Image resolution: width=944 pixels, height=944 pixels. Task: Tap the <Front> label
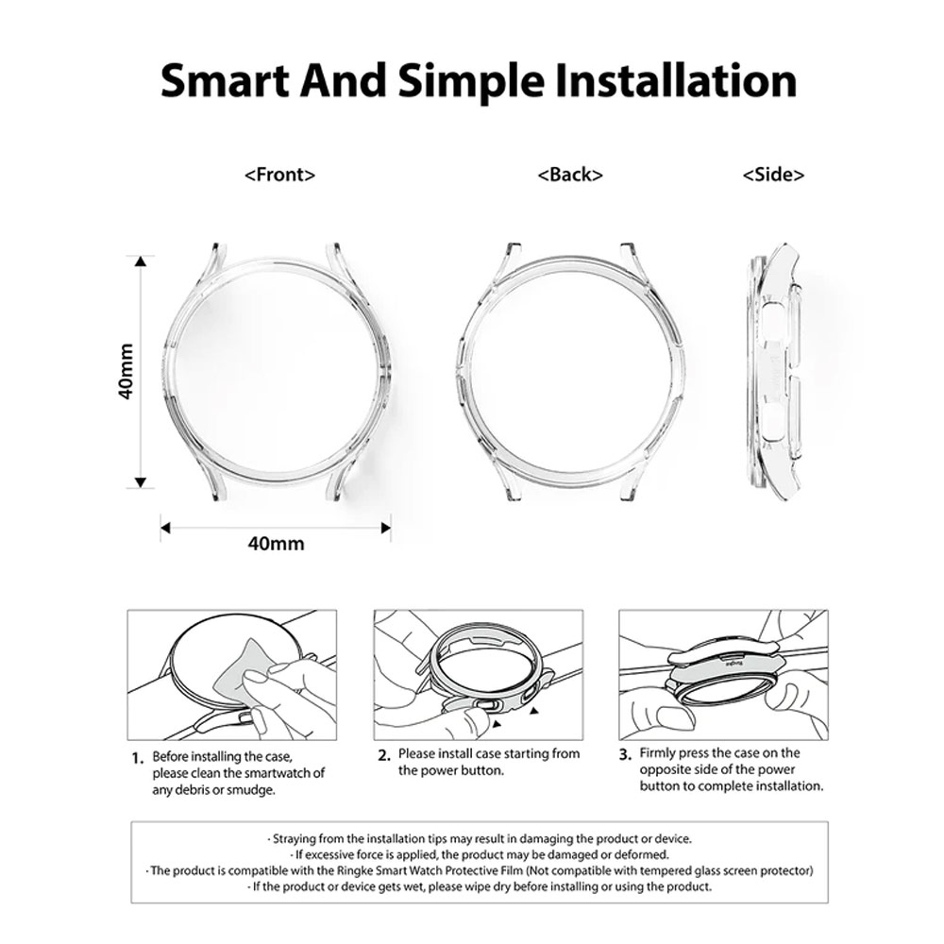coord(280,176)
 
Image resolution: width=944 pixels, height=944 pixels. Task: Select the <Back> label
coord(570,175)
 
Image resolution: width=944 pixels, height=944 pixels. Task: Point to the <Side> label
coord(774,175)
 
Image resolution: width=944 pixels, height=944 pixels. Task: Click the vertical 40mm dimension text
coord(126,371)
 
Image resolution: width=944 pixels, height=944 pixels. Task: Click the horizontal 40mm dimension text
coord(276,544)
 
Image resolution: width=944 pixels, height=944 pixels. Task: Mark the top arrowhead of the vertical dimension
coord(141,261)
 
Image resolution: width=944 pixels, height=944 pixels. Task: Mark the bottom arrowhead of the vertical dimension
coord(141,482)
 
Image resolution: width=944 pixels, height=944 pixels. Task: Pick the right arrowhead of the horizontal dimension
coord(386,528)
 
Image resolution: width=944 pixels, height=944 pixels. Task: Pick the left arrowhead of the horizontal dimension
coord(165,528)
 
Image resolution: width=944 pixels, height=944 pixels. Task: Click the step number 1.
coord(138,759)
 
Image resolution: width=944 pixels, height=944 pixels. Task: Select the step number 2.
coord(384,755)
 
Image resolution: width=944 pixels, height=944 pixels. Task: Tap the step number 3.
coord(626,754)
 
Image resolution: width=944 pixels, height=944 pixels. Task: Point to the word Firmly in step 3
coord(658,753)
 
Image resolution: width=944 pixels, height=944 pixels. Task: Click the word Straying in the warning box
coord(295,838)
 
